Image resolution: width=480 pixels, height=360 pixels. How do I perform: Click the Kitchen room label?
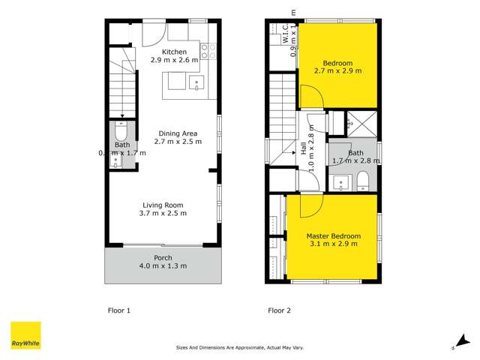point(174,51)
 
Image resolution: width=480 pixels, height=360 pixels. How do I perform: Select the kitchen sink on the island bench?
point(198,83)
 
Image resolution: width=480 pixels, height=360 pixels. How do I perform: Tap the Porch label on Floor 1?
point(163,256)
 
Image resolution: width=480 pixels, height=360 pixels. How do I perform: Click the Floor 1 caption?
point(119,309)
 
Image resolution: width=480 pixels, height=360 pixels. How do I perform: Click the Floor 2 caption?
point(280,309)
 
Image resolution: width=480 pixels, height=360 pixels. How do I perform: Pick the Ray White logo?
point(25,335)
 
